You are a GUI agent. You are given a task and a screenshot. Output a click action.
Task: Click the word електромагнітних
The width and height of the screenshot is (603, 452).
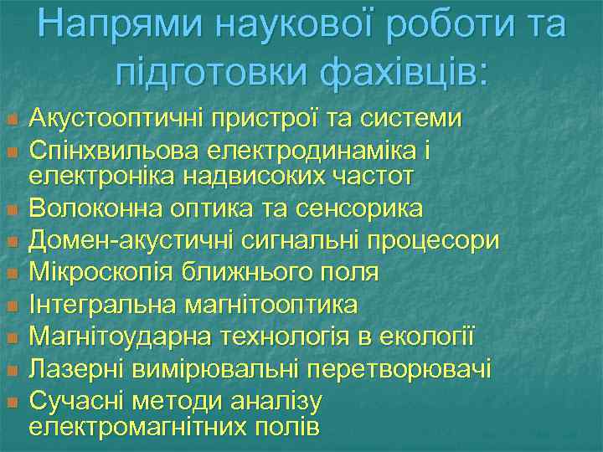[137, 428]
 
